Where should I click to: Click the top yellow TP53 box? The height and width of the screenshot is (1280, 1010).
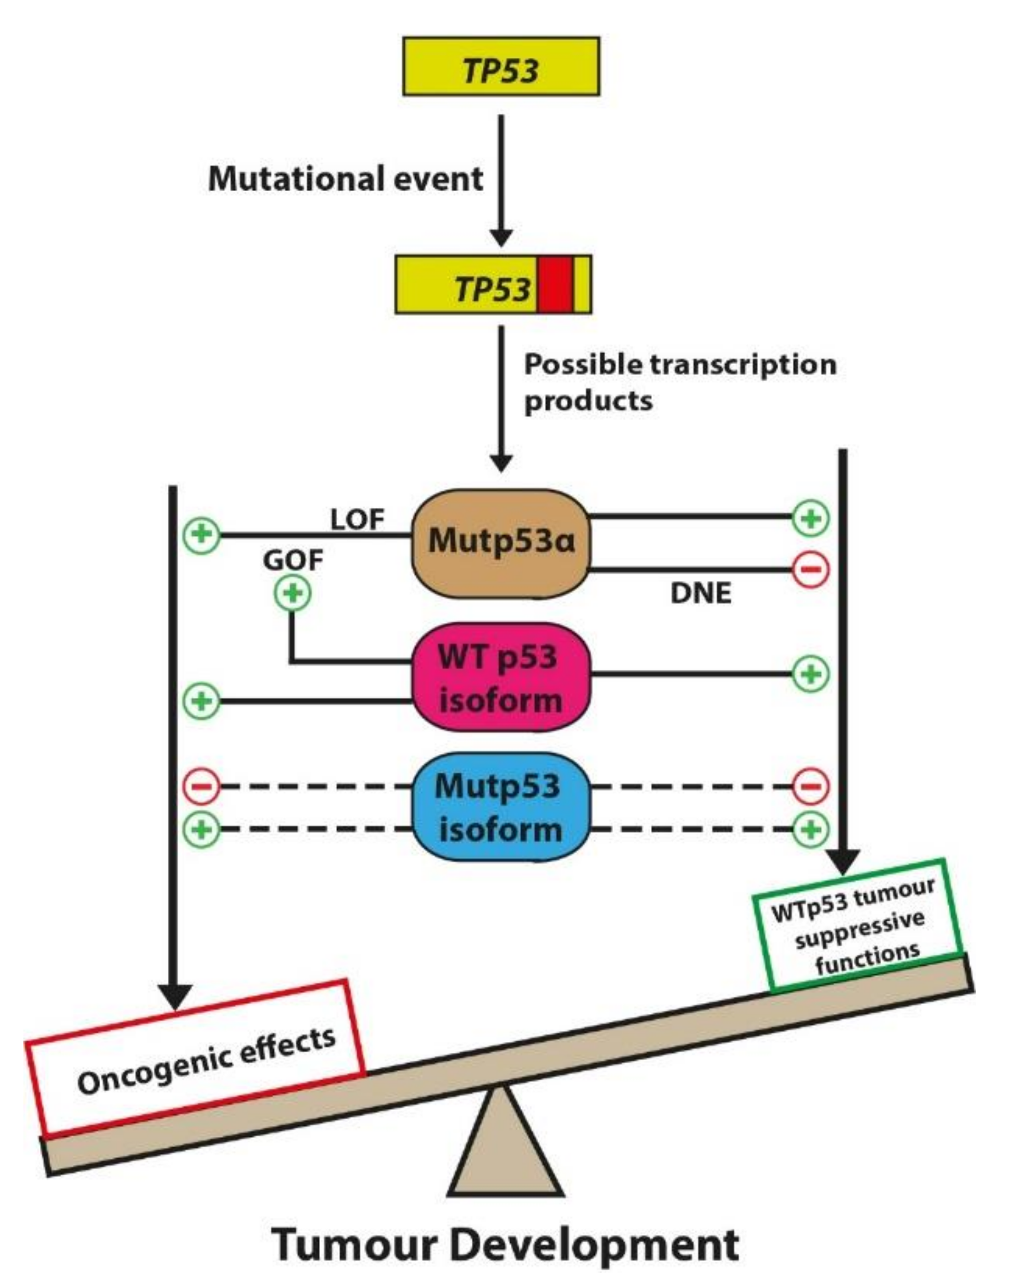(x=501, y=66)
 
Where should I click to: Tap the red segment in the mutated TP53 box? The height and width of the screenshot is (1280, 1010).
(x=555, y=285)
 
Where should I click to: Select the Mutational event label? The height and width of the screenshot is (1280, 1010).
(x=345, y=179)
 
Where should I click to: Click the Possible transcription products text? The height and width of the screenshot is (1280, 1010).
(x=680, y=382)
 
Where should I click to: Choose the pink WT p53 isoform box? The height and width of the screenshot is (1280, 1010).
(x=501, y=678)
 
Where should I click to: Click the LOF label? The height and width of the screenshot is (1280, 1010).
(x=357, y=520)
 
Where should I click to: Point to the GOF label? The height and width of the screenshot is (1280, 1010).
(x=293, y=560)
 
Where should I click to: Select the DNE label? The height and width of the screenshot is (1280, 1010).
(x=701, y=594)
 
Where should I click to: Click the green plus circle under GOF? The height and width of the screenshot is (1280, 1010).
(x=293, y=593)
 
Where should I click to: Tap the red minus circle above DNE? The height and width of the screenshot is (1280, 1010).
(x=811, y=570)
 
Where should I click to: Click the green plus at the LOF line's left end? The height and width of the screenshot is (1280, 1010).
(x=201, y=535)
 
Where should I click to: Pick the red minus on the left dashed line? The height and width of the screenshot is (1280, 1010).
(x=201, y=787)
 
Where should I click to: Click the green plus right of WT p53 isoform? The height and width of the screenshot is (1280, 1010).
(x=811, y=674)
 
